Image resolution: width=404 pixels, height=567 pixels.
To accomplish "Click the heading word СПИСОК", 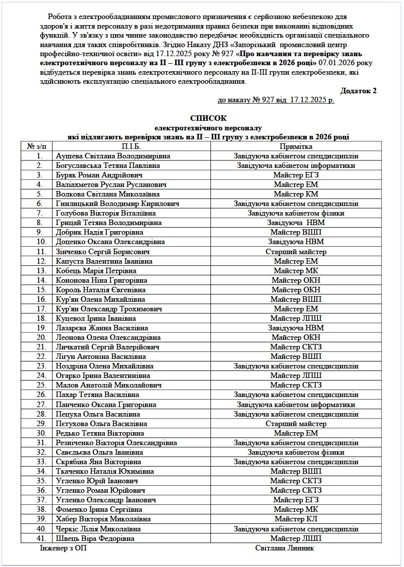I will coord(208,118).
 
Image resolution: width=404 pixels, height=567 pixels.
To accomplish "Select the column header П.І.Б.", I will coord(131,146).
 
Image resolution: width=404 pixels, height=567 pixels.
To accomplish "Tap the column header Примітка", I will coord(296,146).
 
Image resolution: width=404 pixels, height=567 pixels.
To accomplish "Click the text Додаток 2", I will coord(358,91).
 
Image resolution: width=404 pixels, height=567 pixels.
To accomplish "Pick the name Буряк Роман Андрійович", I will coord(99,175).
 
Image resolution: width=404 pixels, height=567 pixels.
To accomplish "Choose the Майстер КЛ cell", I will coord(296,519).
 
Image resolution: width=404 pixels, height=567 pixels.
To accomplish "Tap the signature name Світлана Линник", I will coord(285,548).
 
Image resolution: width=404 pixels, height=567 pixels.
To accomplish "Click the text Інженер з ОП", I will coord(63,548).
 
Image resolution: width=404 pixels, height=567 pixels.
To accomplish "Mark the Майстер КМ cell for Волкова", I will coord(296,194).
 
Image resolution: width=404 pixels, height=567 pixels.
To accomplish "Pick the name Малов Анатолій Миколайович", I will coord(108,385).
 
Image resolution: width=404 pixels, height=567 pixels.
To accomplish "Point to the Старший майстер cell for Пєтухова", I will coord(296,423).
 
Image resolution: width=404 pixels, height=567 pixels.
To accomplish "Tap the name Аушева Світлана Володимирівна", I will coord(113,156).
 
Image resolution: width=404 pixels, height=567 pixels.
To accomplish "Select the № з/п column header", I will coord(38,146).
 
